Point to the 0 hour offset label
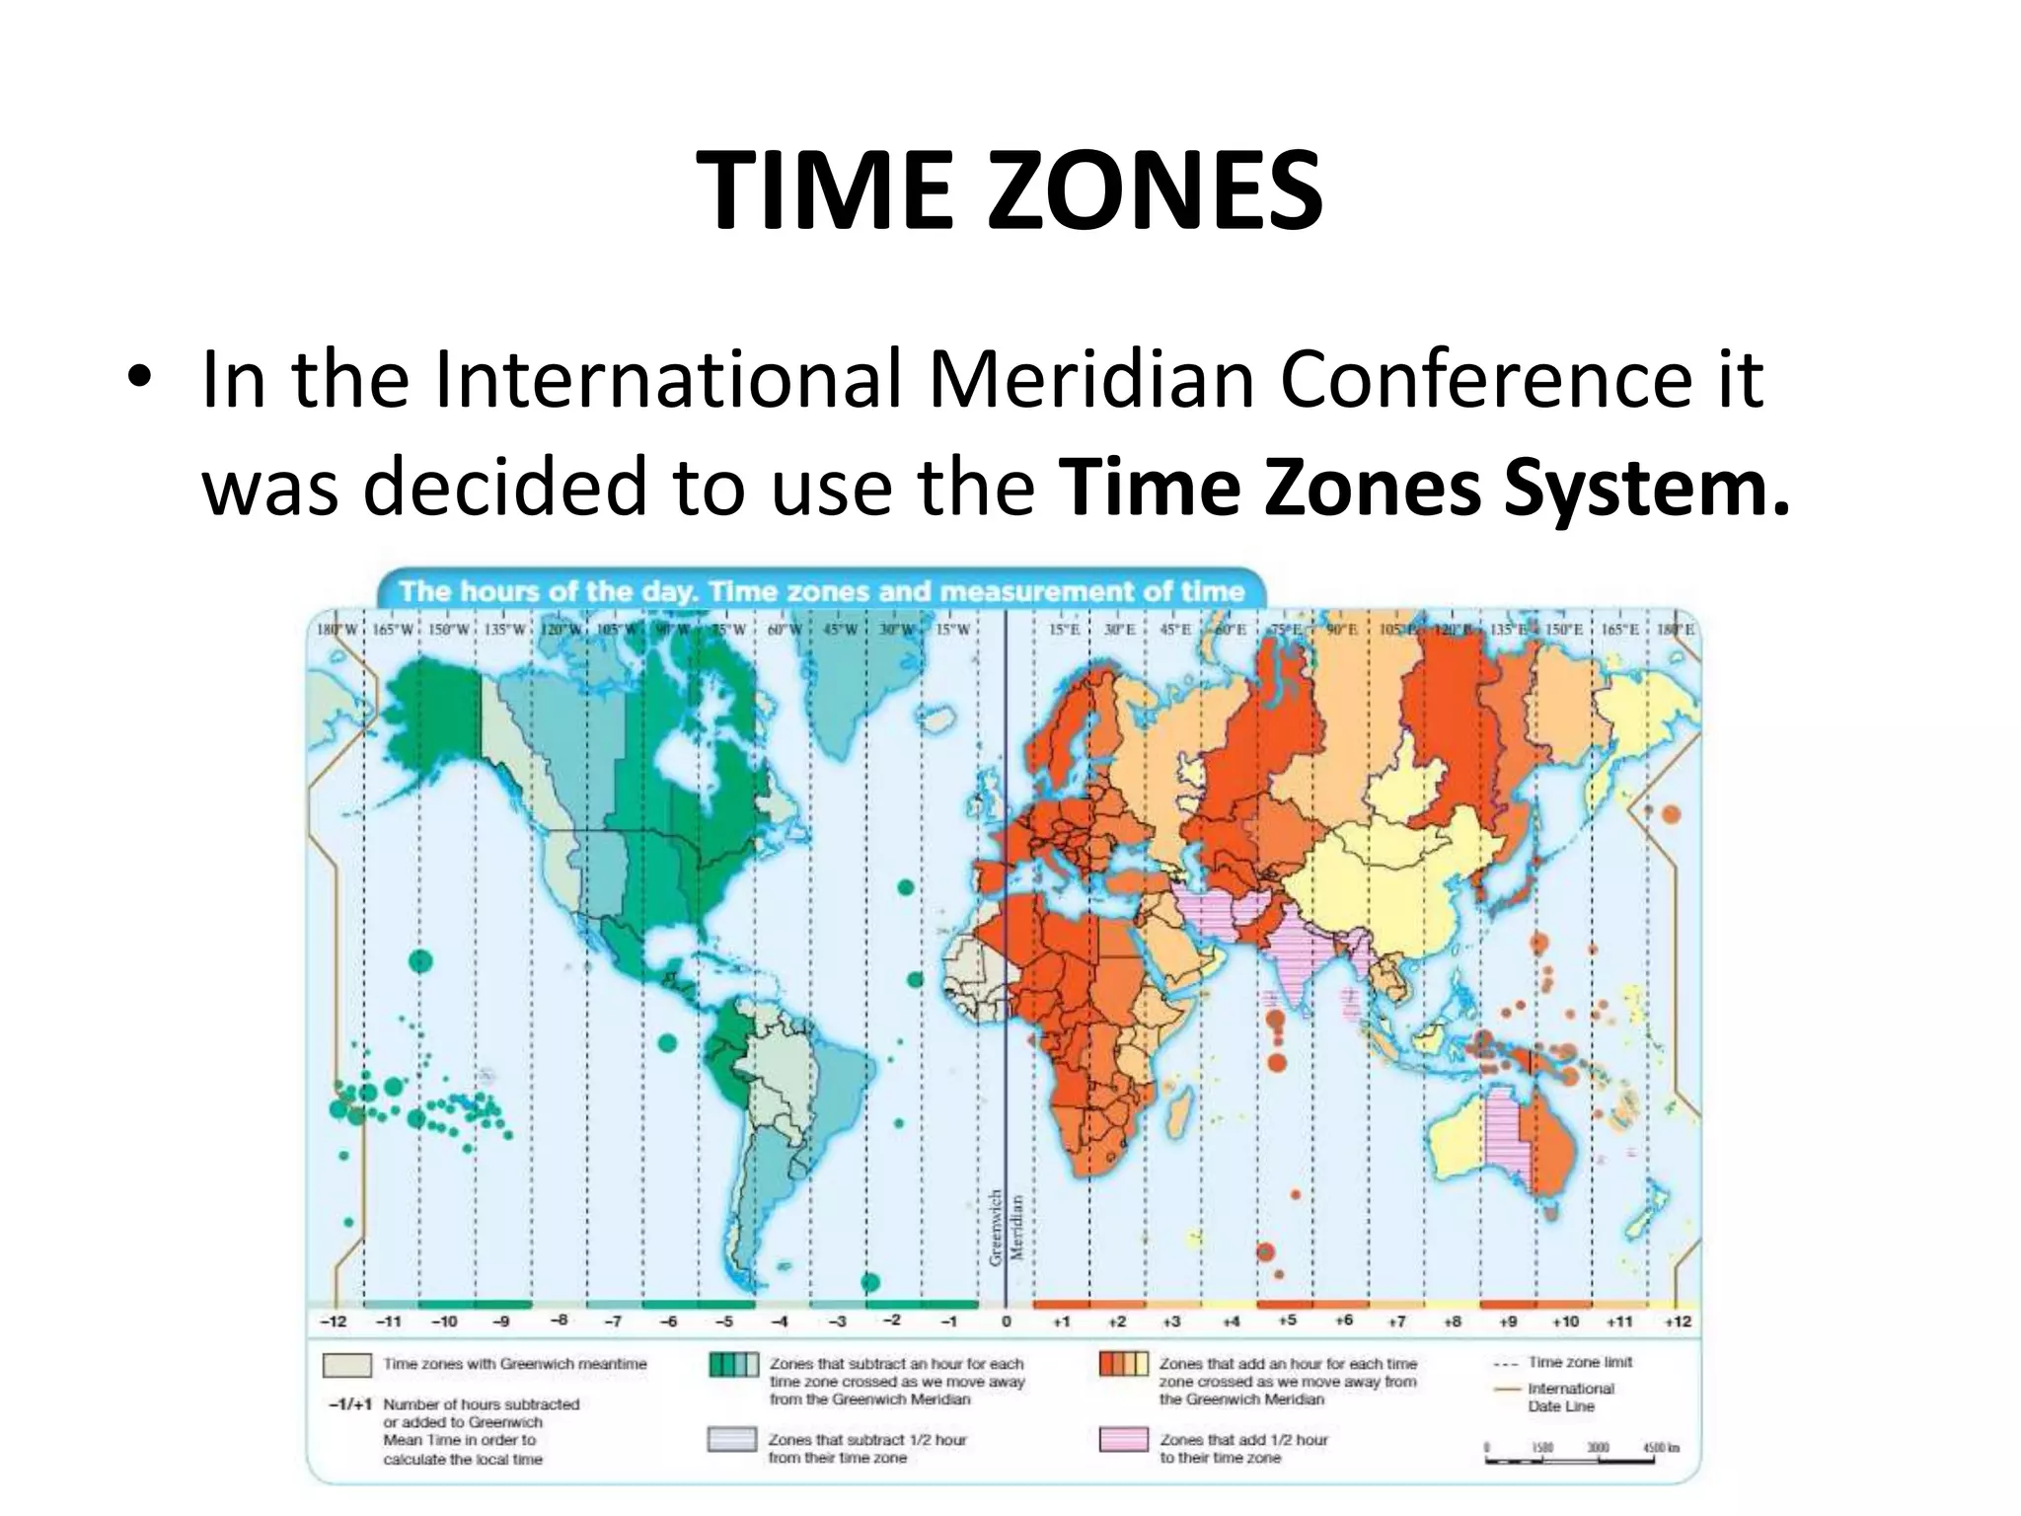(x=1006, y=1321)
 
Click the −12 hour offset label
(x=334, y=1321)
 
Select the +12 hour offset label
(x=1678, y=1321)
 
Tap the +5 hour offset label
(x=1287, y=1320)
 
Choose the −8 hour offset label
(x=558, y=1320)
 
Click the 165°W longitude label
(x=390, y=630)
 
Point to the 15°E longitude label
(x=1063, y=630)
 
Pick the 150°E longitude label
(x=1564, y=630)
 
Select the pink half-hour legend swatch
(x=1123, y=1439)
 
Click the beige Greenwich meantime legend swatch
(x=346, y=1365)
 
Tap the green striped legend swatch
(x=733, y=1365)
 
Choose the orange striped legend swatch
(x=1123, y=1365)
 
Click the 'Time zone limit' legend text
(x=1580, y=1362)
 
